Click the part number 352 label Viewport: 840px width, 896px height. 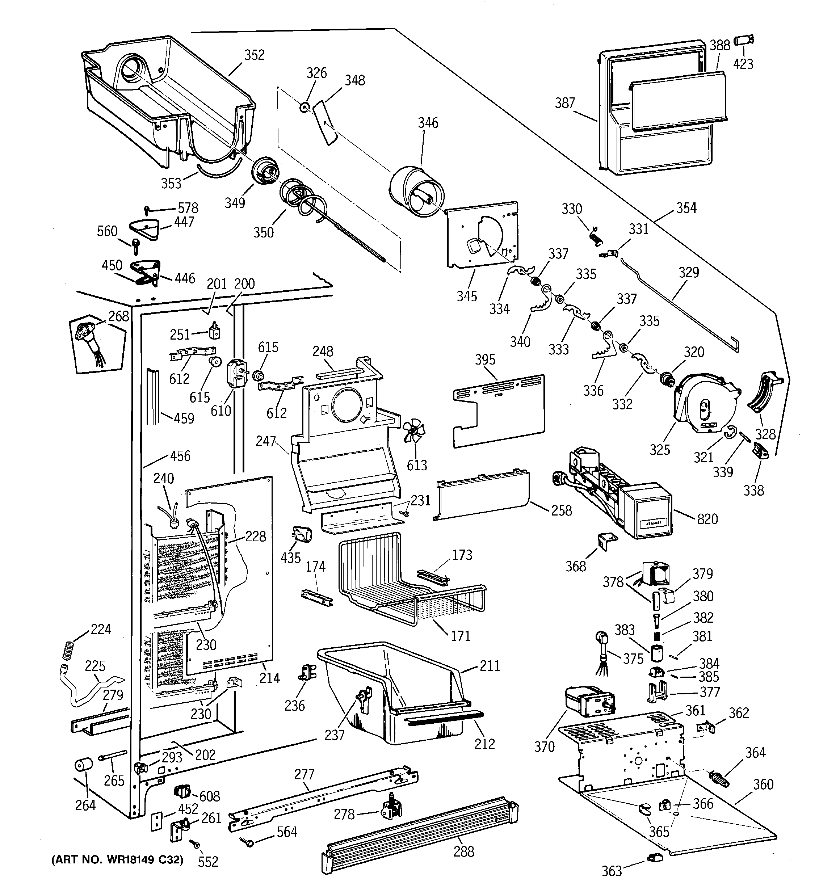pos(254,55)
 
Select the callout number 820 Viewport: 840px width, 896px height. pos(707,519)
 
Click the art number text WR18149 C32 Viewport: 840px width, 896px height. pos(117,860)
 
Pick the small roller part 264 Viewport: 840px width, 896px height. pos(83,765)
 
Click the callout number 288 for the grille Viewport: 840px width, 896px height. pos(463,851)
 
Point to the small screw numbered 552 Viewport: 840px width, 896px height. pos(195,842)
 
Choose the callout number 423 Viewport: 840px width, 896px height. pos(743,64)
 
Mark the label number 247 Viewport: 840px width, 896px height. pos(265,441)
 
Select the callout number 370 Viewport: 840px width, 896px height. pos(544,747)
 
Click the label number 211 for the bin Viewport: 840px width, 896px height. pos(490,666)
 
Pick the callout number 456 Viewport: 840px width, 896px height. pos(180,456)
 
